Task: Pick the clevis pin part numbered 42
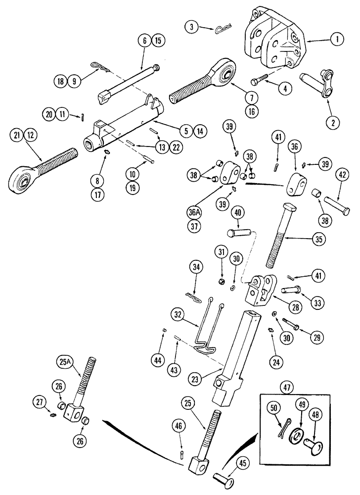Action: pos(337,206)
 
